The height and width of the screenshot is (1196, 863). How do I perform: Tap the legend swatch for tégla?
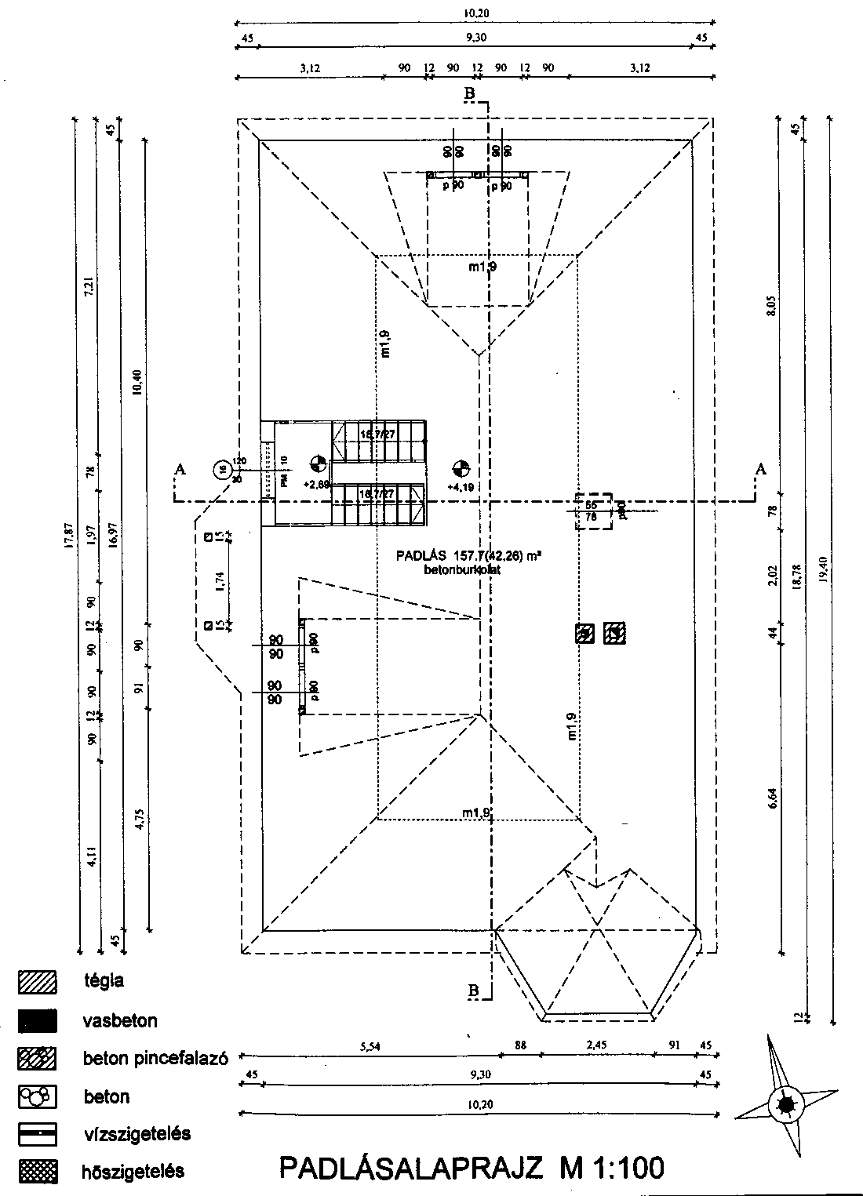point(38,981)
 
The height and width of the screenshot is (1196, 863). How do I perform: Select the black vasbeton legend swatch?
point(38,1020)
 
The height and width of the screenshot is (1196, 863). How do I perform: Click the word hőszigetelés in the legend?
point(133,1172)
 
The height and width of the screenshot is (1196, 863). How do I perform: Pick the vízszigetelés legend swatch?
point(38,1134)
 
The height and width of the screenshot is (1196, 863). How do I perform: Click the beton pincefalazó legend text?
point(155,1058)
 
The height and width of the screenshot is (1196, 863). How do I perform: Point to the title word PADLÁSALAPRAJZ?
point(411,1168)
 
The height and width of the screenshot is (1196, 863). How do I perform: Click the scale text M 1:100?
point(612,1168)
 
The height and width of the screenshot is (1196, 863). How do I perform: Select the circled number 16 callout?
point(224,470)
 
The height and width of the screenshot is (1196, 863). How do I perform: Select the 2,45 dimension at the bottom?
point(597,1045)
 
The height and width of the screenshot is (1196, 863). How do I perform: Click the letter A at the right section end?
point(760,469)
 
